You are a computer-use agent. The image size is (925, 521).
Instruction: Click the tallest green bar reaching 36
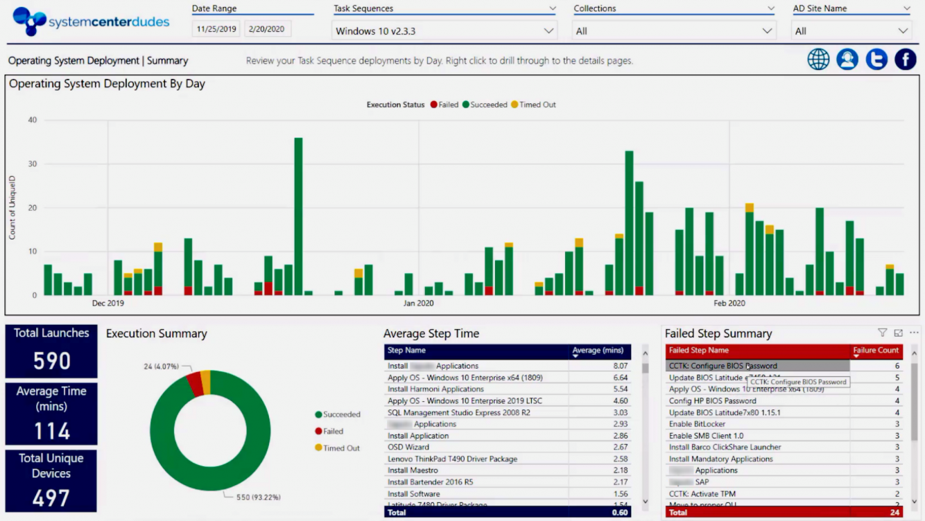click(x=298, y=216)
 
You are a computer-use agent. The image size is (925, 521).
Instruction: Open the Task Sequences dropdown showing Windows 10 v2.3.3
click(x=444, y=31)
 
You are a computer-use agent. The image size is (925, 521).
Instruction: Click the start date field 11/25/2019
click(x=216, y=29)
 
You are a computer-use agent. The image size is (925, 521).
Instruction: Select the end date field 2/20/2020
click(x=268, y=29)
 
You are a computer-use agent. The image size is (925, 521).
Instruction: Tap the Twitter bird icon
click(x=876, y=60)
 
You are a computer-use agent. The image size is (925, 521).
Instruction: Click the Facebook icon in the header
click(x=905, y=60)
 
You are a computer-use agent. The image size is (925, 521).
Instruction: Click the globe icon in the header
click(x=818, y=60)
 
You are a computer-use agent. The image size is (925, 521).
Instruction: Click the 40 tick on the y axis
click(x=32, y=121)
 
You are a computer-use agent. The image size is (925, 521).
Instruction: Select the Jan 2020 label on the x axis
click(x=418, y=303)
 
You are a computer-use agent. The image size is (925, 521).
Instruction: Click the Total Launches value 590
click(x=51, y=361)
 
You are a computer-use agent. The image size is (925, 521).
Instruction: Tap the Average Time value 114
click(x=51, y=431)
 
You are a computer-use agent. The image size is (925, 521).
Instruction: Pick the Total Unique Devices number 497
click(x=51, y=498)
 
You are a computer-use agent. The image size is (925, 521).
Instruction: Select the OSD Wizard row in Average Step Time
click(x=408, y=448)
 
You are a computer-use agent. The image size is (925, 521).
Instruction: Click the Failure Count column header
click(x=876, y=351)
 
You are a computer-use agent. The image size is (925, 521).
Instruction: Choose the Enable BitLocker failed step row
click(x=697, y=424)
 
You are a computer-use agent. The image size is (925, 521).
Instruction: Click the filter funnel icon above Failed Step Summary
click(x=882, y=333)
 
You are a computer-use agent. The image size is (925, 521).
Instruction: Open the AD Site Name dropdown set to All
click(x=851, y=31)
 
